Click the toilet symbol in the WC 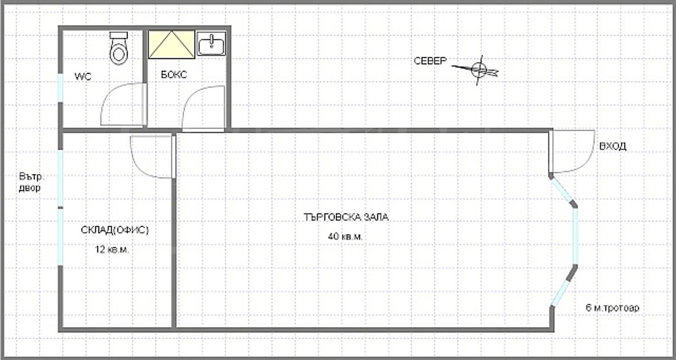[x=119, y=48]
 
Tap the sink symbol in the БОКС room [x=211, y=44]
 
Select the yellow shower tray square [x=171, y=44]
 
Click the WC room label [x=82, y=77]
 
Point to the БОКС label [x=174, y=74]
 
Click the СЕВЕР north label [x=430, y=61]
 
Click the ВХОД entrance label [x=612, y=146]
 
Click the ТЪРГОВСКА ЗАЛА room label [x=346, y=217]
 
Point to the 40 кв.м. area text [x=345, y=236]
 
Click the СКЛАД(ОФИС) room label [x=114, y=230]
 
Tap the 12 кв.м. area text [x=112, y=250]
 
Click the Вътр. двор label [x=32, y=182]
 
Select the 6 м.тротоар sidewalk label [x=612, y=308]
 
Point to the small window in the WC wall [x=61, y=88]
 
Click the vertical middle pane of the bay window [x=575, y=237]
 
